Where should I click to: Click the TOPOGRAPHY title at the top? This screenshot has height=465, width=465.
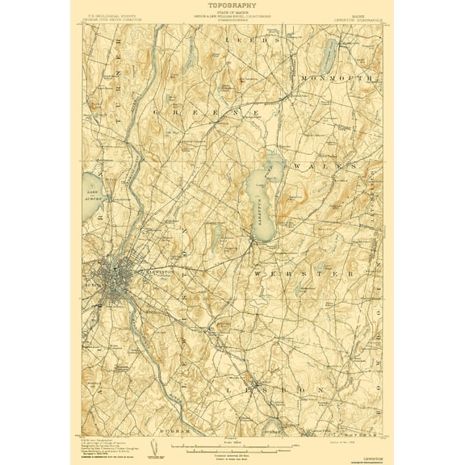232,6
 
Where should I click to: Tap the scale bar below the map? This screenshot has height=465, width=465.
232,443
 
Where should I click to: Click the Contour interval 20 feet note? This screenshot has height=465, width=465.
232,450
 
